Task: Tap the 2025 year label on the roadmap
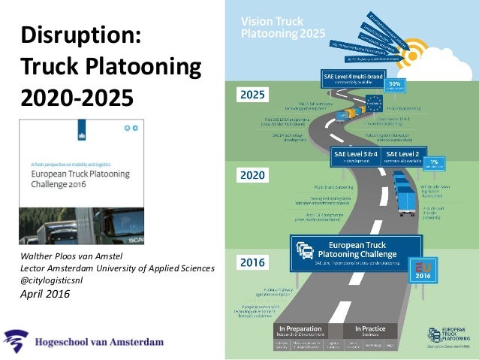253,95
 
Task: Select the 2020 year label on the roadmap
253,176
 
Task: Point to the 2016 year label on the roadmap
253,263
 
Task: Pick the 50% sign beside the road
397,84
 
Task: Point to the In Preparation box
300,331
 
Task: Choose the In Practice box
366,331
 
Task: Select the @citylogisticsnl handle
56,280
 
